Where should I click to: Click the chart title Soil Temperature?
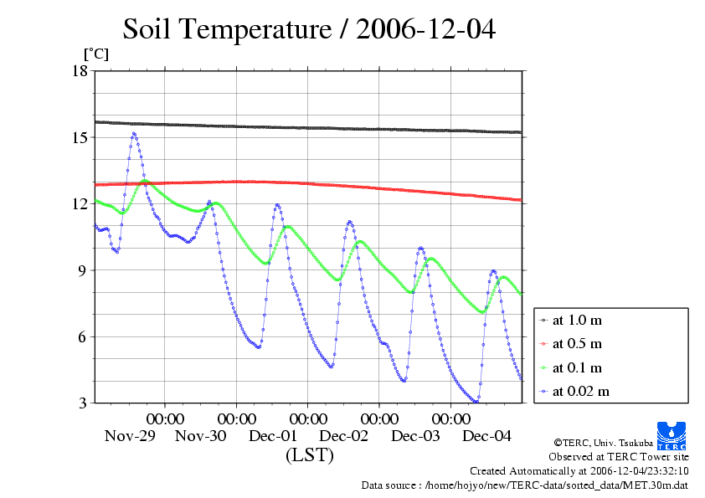click(309, 30)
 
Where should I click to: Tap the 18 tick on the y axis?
click(80, 71)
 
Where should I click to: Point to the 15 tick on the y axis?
click(80, 137)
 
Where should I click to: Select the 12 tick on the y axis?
click(80, 204)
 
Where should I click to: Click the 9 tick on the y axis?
click(84, 270)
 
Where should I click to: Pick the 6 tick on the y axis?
click(84, 337)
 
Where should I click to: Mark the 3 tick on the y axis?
click(84, 403)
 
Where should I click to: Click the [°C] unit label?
click(95, 54)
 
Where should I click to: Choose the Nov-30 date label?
click(201, 435)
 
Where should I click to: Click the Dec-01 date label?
click(273, 435)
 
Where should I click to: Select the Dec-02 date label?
click(344, 435)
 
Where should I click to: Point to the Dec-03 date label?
click(415, 435)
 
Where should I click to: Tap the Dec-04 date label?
click(486, 435)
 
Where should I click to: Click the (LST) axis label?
click(309, 455)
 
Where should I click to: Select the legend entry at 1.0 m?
click(578, 320)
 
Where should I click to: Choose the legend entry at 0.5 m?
click(578, 343)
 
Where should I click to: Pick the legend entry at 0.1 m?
click(578, 367)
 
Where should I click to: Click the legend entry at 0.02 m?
click(580, 391)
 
